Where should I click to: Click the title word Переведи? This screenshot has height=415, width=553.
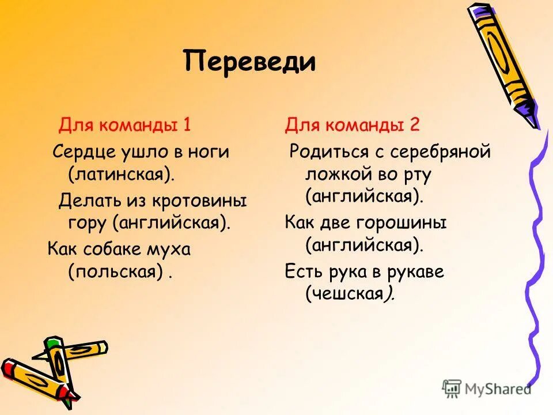(x=250, y=62)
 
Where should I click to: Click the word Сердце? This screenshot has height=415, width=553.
(x=82, y=152)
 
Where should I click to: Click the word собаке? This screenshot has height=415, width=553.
(x=124, y=250)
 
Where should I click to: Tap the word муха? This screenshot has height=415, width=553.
(x=186, y=250)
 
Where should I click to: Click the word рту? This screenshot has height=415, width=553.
(x=418, y=174)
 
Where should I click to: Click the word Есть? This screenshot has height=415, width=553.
(x=301, y=271)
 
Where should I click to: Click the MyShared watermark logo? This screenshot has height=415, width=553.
(x=487, y=388)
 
